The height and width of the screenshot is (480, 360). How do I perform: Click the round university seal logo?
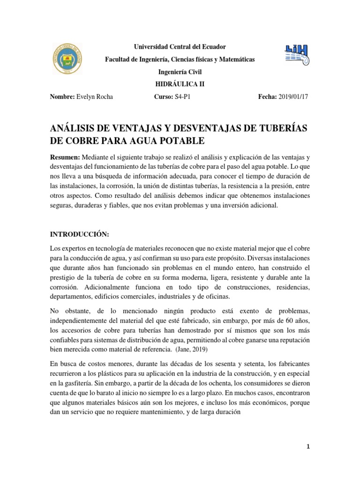pyautogui.click(x=68, y=60)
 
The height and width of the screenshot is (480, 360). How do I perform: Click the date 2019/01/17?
pyautogui.click(x=294, y=97)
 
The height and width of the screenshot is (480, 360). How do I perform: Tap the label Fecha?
pyautogui.click(x=267, y=97)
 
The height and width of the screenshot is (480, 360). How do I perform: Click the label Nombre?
pyautogui.click(x=62, y=97)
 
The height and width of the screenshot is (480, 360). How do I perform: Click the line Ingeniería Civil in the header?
pyautogui.click(x=173, y=72)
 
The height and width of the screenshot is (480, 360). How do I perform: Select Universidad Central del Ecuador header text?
pyautogui.click(x=173, y=47)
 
